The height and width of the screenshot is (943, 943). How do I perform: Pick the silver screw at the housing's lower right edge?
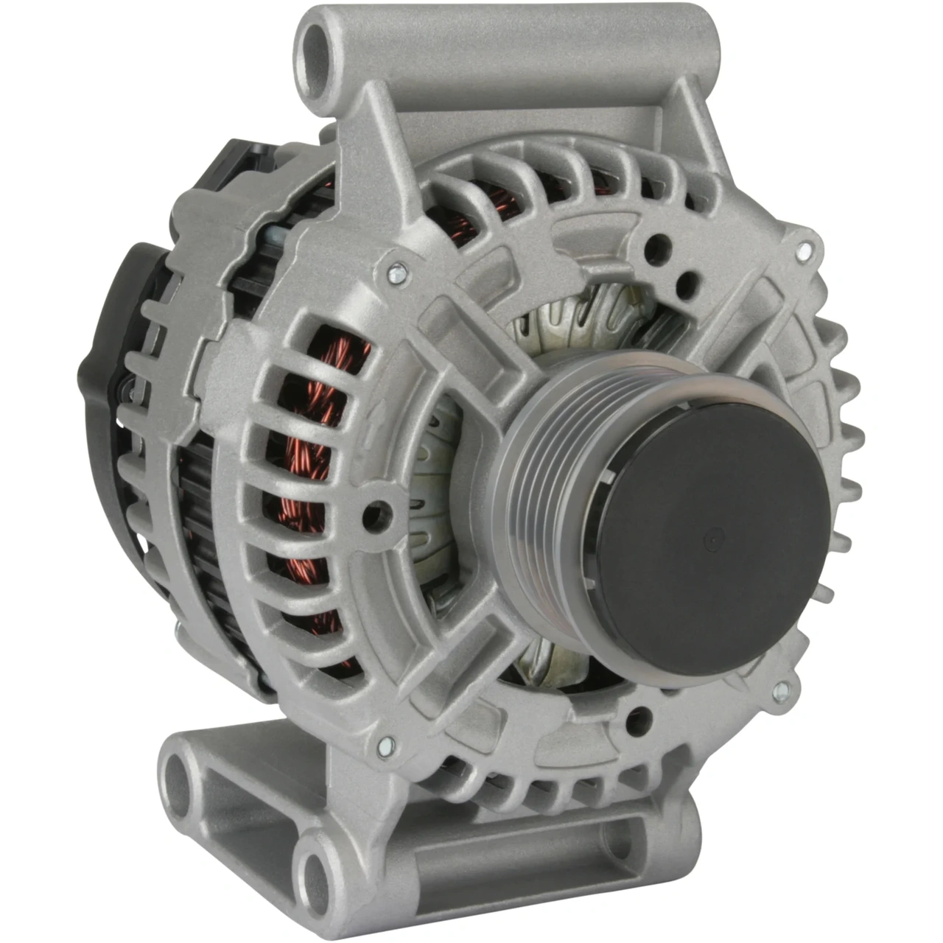click(782, 690)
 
